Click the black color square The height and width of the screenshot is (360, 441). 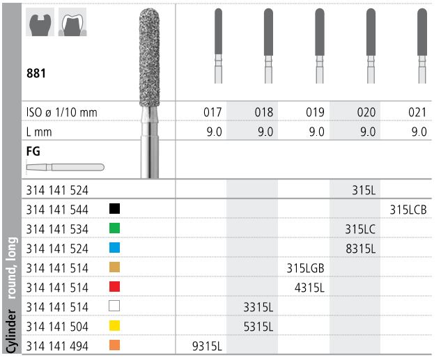click(x=115, y=208)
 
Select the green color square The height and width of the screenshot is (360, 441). click(x=115, y=228)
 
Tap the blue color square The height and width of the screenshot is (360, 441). click(x=115, y=247)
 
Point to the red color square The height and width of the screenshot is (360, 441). click(x=115, y=286)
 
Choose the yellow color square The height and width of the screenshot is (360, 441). click(x=115, y=325)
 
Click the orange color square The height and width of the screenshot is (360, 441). click(x=115, y=345)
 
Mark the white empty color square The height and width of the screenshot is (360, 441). click(x=115, y=306)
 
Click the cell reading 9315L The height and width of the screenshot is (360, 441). click(x=207, y=345)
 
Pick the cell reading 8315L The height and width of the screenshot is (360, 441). click(x=361, y=247)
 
